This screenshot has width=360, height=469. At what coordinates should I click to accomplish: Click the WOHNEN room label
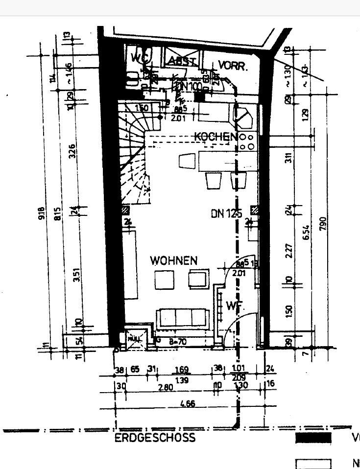pos(174,260)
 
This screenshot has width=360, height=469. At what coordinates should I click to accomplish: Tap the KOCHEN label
pos(216,137)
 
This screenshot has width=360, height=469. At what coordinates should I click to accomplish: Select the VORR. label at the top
pos(233,66)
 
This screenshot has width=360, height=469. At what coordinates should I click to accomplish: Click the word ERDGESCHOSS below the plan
pos(155,438)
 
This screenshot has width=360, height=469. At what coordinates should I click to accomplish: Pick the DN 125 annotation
pos(227,213)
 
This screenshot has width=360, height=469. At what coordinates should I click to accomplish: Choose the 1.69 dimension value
pos(182,370)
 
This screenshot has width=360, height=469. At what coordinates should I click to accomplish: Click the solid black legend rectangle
pos(313,438)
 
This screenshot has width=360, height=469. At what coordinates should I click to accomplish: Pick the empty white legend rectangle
pos(313,464)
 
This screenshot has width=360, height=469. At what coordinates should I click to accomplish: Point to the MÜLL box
pos(134,338)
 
